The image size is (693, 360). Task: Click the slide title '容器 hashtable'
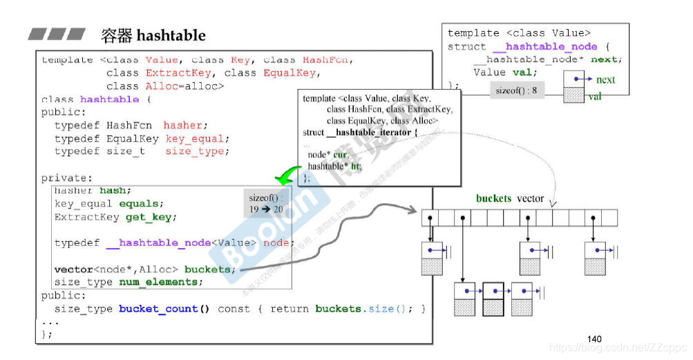(x=153, y=35)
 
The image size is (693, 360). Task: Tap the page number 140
(x=594, y=339)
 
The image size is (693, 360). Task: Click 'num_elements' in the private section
(x=161, y=282)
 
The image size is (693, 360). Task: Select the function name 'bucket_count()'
(x=164, y=309)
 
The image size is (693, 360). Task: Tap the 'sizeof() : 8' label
(x=516, y=91)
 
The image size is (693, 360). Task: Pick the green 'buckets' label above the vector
(x=493, y=198)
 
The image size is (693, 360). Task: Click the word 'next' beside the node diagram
(x=605, y=80)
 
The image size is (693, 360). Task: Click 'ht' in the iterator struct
(x=356, y=166)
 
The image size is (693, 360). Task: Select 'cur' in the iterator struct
(x=340, y=155)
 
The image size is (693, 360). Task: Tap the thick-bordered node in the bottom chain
(x=493, y=299)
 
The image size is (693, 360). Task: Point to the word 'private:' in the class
(x=66, y=178)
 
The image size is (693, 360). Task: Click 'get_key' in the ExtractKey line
(x=151, y=217)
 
